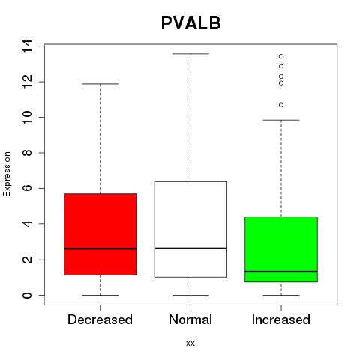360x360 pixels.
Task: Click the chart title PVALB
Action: coord(191,22)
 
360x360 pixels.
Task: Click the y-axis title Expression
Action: coord(7,174)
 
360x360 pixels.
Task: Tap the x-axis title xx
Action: coord(190,343)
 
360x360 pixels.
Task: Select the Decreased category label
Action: coord(100,319)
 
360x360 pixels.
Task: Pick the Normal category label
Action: coord(190,319)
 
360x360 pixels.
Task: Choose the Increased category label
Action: coord(281,319)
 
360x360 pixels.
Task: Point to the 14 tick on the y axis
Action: coord(27,46)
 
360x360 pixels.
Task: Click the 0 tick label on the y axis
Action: coord(27,295)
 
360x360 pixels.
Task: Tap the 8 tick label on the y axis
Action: coord(27,153)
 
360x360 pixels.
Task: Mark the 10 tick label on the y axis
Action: coord(27,117)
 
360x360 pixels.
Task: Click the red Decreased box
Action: coord(100,234)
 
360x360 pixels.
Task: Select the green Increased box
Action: coord(281,249)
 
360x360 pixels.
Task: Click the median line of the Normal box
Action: coord(190,248)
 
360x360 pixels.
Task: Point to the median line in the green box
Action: coord(281,271)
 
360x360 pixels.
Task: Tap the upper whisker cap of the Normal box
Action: coord(190,54)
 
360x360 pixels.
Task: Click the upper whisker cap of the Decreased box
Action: coord(100,84)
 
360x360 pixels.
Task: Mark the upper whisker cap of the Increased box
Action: coord(281,120)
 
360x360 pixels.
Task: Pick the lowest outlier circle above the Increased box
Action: coord(281,105)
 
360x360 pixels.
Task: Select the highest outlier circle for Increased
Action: coord(281,56)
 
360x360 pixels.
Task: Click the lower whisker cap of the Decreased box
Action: coord(100,295)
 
